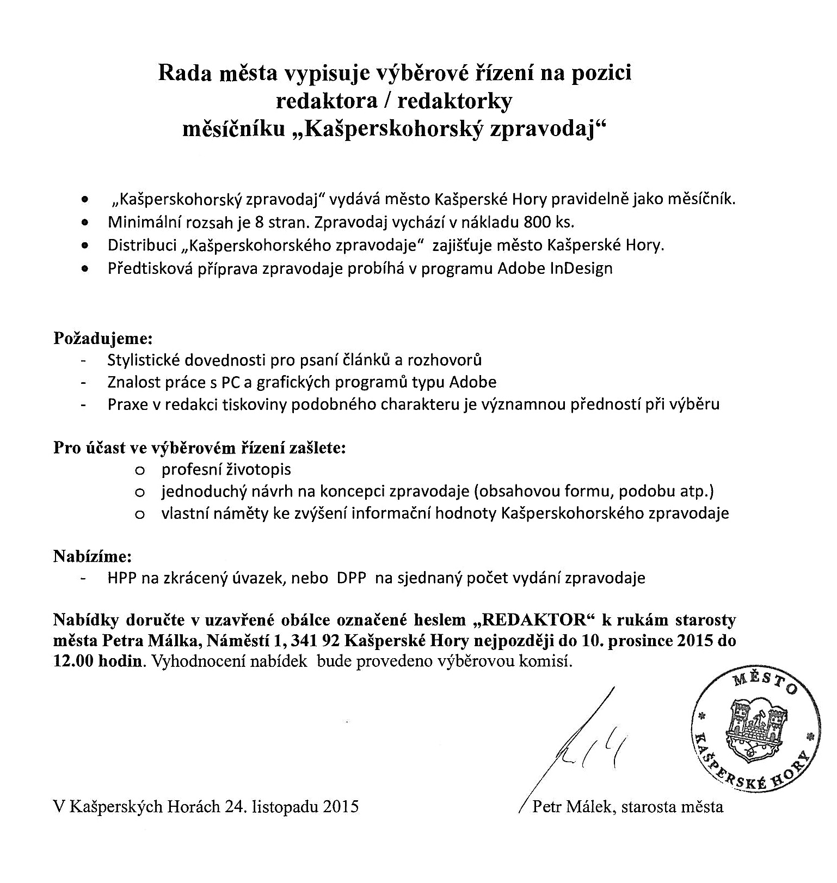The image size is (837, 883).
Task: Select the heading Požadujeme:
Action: tap(103, 338)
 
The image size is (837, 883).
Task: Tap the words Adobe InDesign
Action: tap(555, 268)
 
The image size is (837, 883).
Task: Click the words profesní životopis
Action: tap(226, 469)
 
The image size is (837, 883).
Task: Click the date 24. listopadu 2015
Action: tap(291, 806)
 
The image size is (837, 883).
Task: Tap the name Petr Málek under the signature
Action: tap(574, 806)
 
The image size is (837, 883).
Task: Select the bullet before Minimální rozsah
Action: tap(84, 223)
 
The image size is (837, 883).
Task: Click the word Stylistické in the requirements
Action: tap(144, 360)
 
